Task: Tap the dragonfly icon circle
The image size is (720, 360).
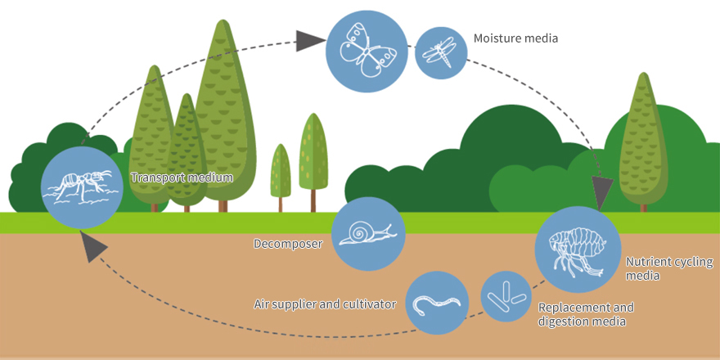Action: point(441,53)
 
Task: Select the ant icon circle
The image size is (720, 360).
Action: point(83,188)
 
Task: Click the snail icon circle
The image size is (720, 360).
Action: point(368,234)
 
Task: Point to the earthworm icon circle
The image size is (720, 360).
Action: point(437,303)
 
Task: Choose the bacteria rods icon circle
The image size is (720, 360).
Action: point(506,296)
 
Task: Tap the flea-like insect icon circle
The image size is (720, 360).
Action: point(578,250)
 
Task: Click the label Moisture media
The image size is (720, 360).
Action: point(515,38)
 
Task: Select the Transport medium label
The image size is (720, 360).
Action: point(182,178)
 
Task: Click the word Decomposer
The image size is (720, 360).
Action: point(288,244)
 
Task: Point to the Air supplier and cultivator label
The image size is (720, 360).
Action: point(325,304)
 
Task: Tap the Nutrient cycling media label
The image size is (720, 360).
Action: point(669,268)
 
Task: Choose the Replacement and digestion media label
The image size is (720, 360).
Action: point(586,313)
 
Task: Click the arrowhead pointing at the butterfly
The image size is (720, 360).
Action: point(305,41)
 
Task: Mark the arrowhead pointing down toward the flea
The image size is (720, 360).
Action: point(602,194)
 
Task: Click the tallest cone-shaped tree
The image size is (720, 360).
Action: point(224,110)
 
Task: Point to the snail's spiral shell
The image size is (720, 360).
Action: point(359,232)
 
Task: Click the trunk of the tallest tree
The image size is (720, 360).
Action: point(223,206)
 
